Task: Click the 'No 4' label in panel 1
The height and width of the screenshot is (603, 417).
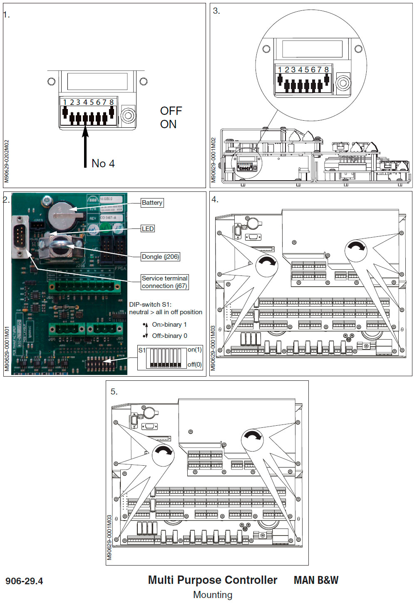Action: click(103, 164)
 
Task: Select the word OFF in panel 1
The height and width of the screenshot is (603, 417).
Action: click(171, 111)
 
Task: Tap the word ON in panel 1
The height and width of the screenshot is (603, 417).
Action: click(168, 124)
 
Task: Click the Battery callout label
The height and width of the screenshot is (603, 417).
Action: click(152, 203)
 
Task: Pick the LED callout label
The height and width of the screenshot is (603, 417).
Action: click(148, 229)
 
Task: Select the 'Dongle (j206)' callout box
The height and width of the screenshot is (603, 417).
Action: click(160, 257)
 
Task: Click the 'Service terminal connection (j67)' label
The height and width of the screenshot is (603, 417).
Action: click(164, 282)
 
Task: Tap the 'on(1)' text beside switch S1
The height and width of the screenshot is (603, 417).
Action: click(194, 350)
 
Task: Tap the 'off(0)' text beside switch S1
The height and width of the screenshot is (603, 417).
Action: click(194, 365)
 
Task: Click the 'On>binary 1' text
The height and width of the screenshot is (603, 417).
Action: click(169, 325)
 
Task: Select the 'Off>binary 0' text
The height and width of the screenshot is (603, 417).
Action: click(169, 336)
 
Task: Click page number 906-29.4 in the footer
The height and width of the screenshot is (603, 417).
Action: click(24, 581)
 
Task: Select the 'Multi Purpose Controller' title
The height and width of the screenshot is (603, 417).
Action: click(212, 580)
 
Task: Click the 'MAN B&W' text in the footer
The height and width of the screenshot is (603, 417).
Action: click(316, 581)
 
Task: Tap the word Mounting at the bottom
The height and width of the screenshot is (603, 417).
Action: click(213, 595)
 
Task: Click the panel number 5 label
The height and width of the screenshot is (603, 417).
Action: click(114, 392)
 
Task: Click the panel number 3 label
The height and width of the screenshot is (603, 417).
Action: click(216, 11)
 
